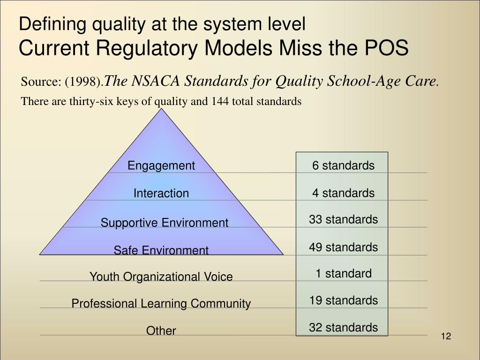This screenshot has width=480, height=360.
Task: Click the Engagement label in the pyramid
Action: click(x=161, y=165)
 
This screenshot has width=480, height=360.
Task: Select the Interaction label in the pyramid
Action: click(x=161, y=193)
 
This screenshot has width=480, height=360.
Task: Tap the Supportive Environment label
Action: click(x=165, y=223)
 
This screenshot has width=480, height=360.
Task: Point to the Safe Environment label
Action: click(x=161, y=250)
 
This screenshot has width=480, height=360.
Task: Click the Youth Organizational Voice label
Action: click(x=161, y=277)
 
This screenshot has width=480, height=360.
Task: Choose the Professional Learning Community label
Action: click(x=161, y=304)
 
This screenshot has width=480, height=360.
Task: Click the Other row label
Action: click(x=161, y=331)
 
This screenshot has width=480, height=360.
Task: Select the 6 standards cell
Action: click(x=343, y=165)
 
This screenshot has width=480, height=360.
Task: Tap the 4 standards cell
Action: click(x=343, y=193)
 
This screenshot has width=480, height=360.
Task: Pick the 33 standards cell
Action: click(x=343, y=219)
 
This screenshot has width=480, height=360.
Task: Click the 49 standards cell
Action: click(x=343, y=247)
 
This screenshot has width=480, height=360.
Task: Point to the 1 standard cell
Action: click(x=343, y=273)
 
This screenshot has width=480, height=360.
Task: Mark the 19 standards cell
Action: click(x=343, y=300)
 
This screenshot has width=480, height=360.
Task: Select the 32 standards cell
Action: click(x=343, y=327)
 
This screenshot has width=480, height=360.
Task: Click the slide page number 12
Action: click(x=445, y=337)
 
